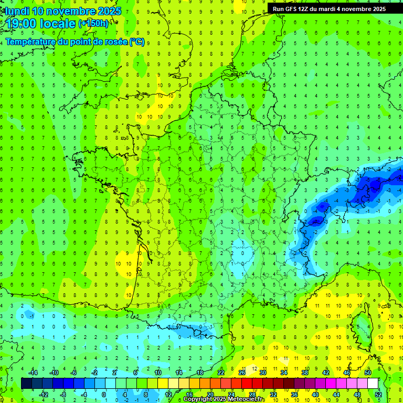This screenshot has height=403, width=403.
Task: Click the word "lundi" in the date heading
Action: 17,11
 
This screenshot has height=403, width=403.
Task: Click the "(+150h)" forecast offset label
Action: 93,23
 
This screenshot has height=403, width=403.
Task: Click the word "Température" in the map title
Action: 32,41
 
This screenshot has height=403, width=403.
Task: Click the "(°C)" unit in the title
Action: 136,41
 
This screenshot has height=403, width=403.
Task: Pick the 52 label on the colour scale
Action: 378,394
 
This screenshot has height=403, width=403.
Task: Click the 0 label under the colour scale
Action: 104,394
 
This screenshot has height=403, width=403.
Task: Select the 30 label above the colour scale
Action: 262,373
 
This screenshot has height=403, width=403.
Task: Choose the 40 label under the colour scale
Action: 315,394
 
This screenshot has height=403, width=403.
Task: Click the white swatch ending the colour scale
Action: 373,383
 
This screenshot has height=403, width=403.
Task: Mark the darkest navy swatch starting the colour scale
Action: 26,383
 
